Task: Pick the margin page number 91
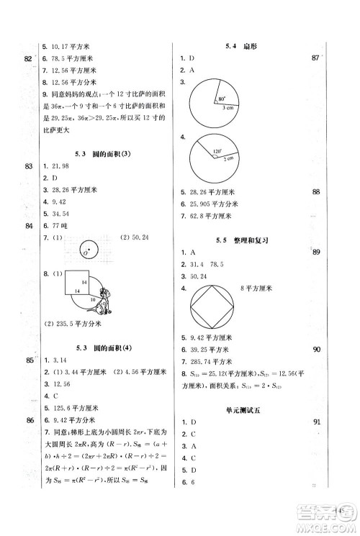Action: [315, 422]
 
